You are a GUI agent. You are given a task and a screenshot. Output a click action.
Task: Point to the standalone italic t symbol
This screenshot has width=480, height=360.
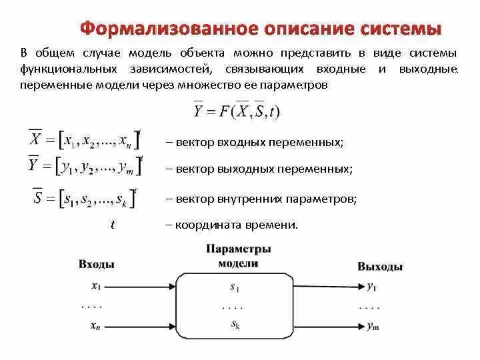click(113, 225)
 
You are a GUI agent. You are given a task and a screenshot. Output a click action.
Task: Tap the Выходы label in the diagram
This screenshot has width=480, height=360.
click(379, 266)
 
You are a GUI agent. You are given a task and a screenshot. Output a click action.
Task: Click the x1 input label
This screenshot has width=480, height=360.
click(97, 287)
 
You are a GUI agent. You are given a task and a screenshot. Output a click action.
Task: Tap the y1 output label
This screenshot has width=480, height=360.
click(372, 287)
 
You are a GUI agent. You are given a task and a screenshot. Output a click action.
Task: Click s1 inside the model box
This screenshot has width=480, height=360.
click(234, 289)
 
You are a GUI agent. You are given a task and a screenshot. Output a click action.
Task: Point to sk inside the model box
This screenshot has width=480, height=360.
click(234, 324)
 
